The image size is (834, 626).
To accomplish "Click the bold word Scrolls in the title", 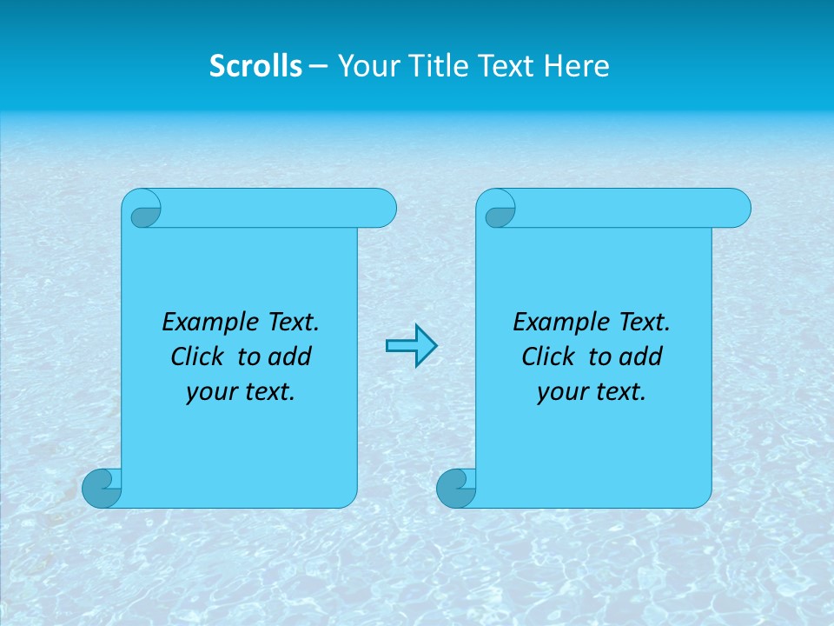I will coord(255,66).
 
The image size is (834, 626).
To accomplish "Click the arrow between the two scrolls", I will coord(411,346).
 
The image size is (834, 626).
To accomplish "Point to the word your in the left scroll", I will coord(209,392).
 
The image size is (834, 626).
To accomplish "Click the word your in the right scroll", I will coord(560,392).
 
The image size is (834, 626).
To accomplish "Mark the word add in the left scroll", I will coord(290,356).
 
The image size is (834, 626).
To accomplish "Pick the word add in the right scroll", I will coord(641,356).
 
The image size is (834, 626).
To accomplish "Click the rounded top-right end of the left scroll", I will coord(381,209).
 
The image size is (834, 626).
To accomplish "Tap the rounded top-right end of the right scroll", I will coord(736,209).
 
